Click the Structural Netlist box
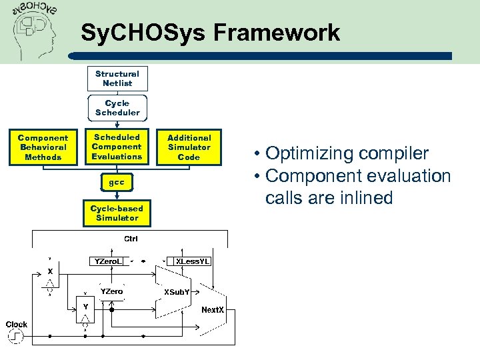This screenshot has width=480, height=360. pyautogui.click(x=117, y=79)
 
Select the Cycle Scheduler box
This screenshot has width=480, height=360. pyautogui.click(x=117, y=108)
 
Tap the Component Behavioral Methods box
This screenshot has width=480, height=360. pyautogui.click(x=43, y=147)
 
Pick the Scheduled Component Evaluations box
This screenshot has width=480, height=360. pyautogui.click(x=117, y=147)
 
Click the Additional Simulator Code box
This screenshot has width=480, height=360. pyautogui.click(x=189, y=147)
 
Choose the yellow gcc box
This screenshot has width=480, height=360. pyautogui.click(x=117, y=182)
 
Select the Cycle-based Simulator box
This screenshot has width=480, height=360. pyautogui.click(x=117, y=213)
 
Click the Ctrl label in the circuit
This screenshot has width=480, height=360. pyautogui.click(x=131, y=239)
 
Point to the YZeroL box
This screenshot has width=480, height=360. pyautogui.click(x=107, y=261)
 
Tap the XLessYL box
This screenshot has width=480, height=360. pyautogui.click(x=193, y=261)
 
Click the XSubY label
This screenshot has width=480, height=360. pyautogui.click(x=177, y=292)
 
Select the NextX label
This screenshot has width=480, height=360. pyautogui.click(x=213, y=310)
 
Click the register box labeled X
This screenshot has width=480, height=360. pyautogui.click(x=50, y=272)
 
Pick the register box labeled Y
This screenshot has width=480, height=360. pyautogui.click(x=85, y=306)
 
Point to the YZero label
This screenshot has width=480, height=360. pyautogui.click(x=111, y=291)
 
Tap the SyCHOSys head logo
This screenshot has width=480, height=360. pyautogui.click(x=35, y=30)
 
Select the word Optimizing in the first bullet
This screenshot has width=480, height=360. pyautogui.click(x=310, y=153)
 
